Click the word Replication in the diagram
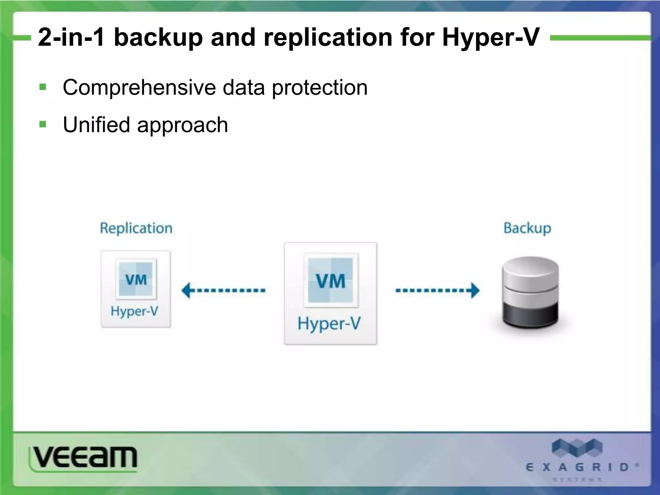point(136,228)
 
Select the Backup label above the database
point(527,228)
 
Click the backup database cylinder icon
point(530,292)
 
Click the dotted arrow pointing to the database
point(437,290)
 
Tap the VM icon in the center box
point(331,280)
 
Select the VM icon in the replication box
point(136,279)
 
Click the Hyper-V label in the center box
point(329,323)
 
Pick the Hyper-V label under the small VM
point(134,311)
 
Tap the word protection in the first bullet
point(320,87)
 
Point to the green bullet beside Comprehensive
point(43,87)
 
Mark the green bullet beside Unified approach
point(43,124)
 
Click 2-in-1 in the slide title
point(71,37)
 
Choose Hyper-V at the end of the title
point(490,37)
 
